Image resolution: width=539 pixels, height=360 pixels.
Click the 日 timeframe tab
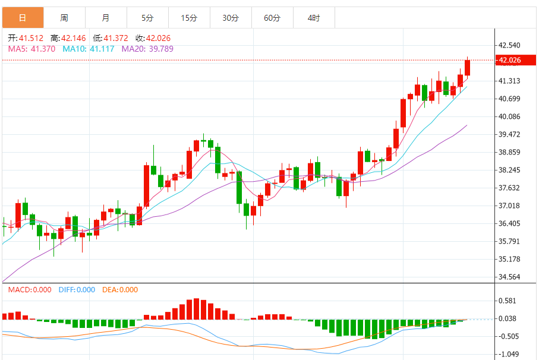23,18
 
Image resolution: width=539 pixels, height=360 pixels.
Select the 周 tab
64,18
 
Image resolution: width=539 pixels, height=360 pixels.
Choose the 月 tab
106,18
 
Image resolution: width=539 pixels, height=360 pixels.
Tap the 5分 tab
147,18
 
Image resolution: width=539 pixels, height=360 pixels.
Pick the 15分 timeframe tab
189,18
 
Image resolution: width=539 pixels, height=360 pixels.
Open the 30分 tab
231,18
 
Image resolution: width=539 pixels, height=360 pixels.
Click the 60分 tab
272,18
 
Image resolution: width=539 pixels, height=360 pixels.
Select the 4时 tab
314,18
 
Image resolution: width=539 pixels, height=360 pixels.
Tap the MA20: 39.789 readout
147,49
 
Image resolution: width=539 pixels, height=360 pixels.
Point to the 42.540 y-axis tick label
510,45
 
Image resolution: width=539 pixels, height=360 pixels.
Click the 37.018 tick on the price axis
510,206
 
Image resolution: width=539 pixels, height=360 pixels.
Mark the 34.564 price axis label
510,277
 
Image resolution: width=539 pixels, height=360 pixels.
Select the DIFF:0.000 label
77,290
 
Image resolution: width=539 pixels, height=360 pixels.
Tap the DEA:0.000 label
120,290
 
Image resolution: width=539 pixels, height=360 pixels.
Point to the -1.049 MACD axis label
510,354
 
